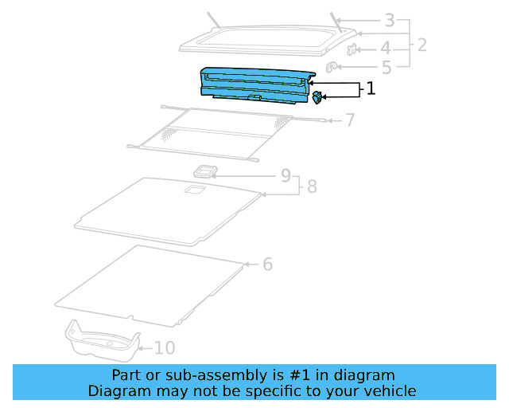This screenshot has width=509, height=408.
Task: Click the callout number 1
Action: [x=370, y=88]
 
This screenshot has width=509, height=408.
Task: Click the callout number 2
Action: [x=422, y=45]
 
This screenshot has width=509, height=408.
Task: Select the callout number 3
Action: [x=389, y=20]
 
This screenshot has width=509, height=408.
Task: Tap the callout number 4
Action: [x=385, y=48]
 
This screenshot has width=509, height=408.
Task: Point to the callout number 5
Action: [x=387, y=69]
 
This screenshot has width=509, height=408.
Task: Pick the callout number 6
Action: [x=267, y=264]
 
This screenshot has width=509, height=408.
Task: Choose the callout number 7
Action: [x=349, y=120]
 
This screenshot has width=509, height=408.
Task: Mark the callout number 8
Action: [x=312, y=186]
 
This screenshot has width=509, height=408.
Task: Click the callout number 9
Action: [x=286, y=175]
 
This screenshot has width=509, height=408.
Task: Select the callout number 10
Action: [x=165, y=347]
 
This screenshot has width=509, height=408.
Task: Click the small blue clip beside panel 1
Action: [x=317, y=97]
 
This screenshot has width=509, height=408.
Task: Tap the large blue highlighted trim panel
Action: [x=254, y=84]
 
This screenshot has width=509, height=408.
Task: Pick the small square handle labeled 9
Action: [x=206, y=171]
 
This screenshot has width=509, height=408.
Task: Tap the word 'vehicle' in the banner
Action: [x=388, y=390]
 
